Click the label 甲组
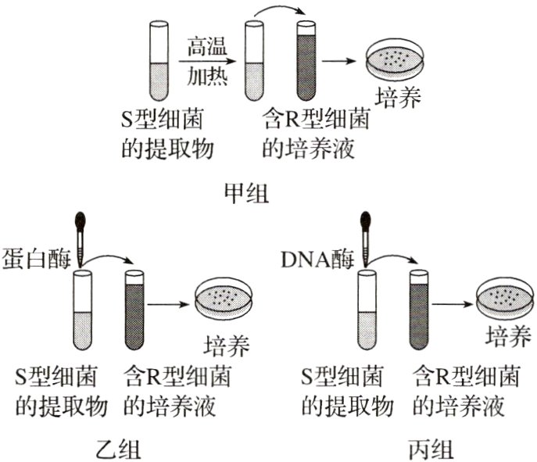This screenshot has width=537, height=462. click(245, 193)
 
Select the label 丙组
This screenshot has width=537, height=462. click(428, 449)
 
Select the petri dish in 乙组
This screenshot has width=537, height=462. click(226, 301)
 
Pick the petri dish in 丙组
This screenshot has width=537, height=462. click(507, 301)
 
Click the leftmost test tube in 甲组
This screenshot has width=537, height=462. click(157, 62)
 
